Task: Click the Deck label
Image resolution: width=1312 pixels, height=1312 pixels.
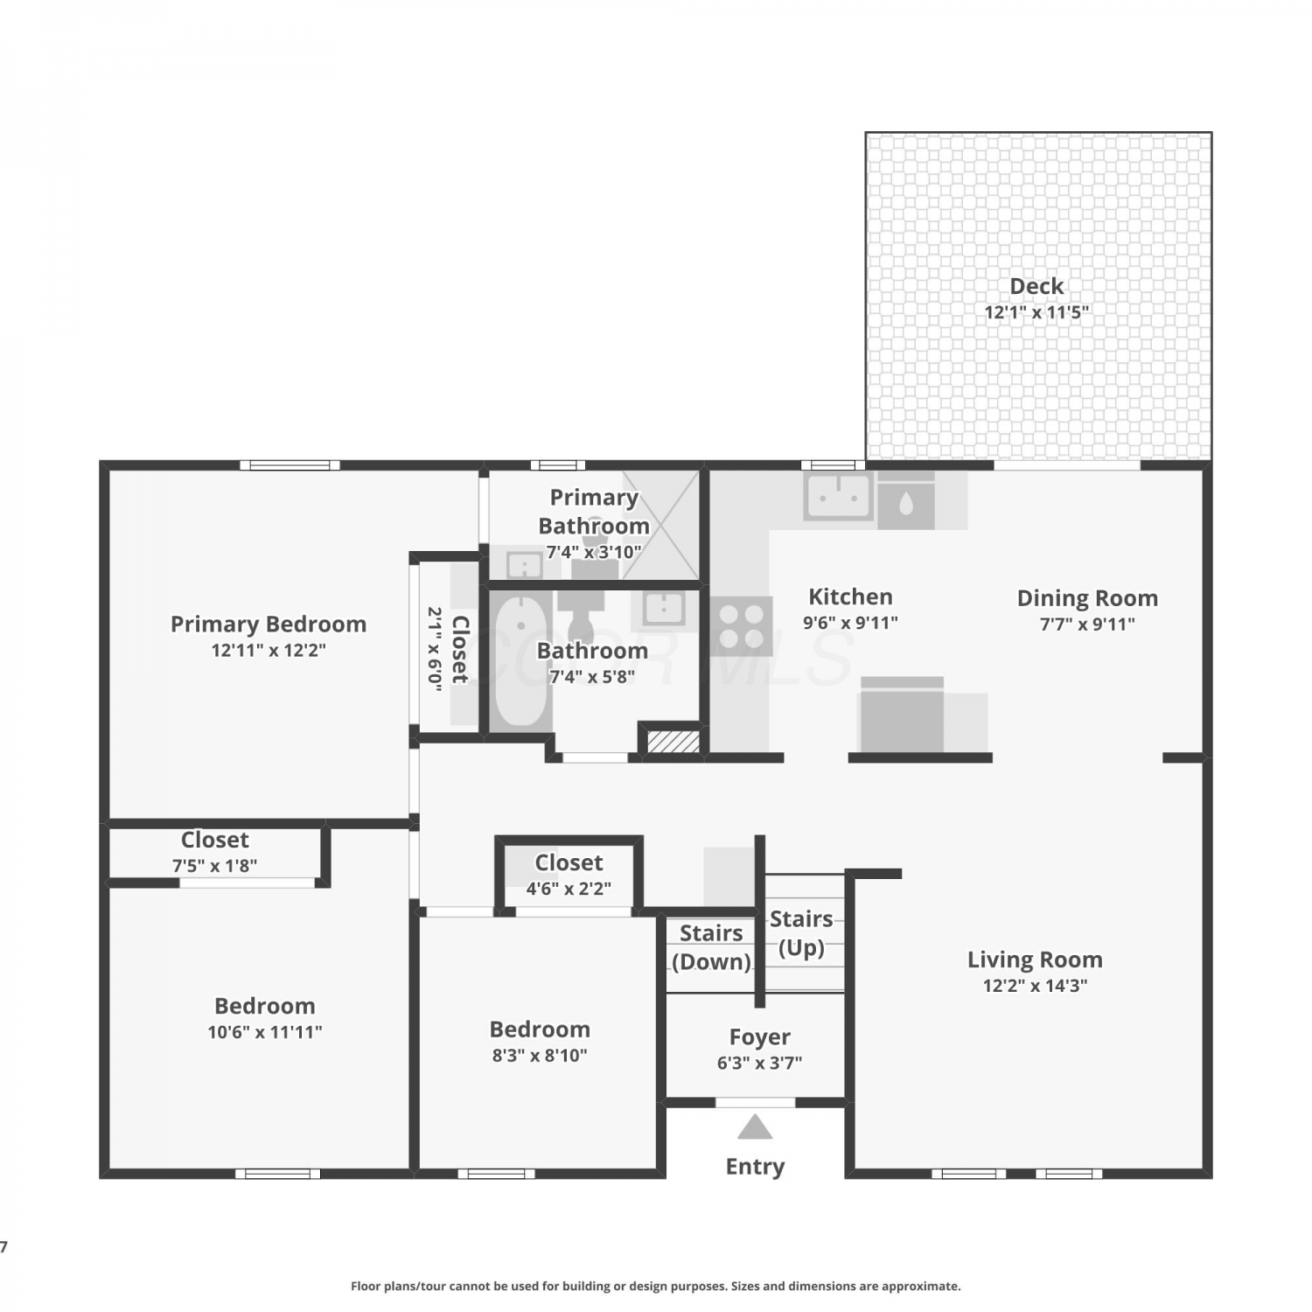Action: (x=1036, y=286)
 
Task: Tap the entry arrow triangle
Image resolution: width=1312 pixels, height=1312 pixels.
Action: (x=755, y=1127)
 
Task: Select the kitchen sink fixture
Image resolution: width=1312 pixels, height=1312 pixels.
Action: (x=839, y=496)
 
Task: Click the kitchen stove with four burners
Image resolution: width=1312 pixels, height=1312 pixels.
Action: (x=742, y=626)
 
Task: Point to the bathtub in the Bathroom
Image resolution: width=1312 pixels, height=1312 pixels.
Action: (x=520, y=661)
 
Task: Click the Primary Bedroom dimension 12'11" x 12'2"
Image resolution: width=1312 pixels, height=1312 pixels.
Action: (x=269, y=650)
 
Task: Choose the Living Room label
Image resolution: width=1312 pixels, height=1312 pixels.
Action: (x=1035, y=960)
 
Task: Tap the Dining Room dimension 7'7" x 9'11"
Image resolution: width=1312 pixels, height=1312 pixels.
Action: (x=1087, y=624)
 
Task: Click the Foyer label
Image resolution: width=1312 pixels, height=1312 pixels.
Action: (x=760, y=1037)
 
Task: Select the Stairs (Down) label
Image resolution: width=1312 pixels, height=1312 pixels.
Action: (x=711, y=947)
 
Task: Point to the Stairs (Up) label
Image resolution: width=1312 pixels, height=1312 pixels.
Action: (x=801, y=933)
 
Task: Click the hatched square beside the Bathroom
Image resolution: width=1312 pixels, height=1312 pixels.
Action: (x=673, y=741)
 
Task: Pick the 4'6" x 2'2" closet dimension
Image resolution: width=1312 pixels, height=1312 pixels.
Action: (x=569, y=889)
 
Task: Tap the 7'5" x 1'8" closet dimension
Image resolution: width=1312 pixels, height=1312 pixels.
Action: (x=214, y=866)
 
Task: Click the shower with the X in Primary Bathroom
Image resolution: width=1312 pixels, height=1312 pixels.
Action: (x=660, y=526)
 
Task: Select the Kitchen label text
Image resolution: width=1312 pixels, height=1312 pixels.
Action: (x=850, y=597)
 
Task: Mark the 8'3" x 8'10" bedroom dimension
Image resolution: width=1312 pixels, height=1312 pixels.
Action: (x=540, y=1055)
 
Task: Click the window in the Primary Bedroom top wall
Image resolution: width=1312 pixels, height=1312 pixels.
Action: (x=290, y=464)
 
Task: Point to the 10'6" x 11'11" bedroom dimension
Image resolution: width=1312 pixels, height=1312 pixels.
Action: (x=265, y=1032)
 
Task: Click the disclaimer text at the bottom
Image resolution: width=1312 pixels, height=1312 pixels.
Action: (x=656, y=1286)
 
